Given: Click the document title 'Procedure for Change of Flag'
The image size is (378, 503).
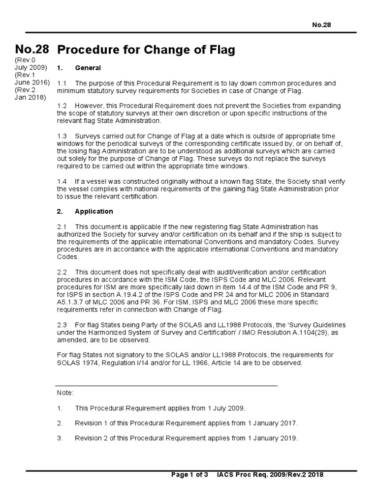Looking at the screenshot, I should tap(146, 50).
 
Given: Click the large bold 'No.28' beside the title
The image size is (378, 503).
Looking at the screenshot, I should tap(31, 49).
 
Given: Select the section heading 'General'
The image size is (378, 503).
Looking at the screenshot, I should tap(88, 68).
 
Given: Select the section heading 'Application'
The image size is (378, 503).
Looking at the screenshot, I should tap(94, 212).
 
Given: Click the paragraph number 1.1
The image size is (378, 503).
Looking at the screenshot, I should tap(62, 84).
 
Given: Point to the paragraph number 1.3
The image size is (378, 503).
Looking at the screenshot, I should tap(62, 135).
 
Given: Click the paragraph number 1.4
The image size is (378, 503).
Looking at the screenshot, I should tap(62, 181).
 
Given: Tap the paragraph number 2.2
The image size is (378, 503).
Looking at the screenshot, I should tap(62, 272).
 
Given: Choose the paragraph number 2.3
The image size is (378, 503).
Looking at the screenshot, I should tap(62, 326).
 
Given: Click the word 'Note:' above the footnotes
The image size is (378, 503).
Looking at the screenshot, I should tap(65, 393).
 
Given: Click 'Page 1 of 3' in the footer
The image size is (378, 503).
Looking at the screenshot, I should tap(189, 475).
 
